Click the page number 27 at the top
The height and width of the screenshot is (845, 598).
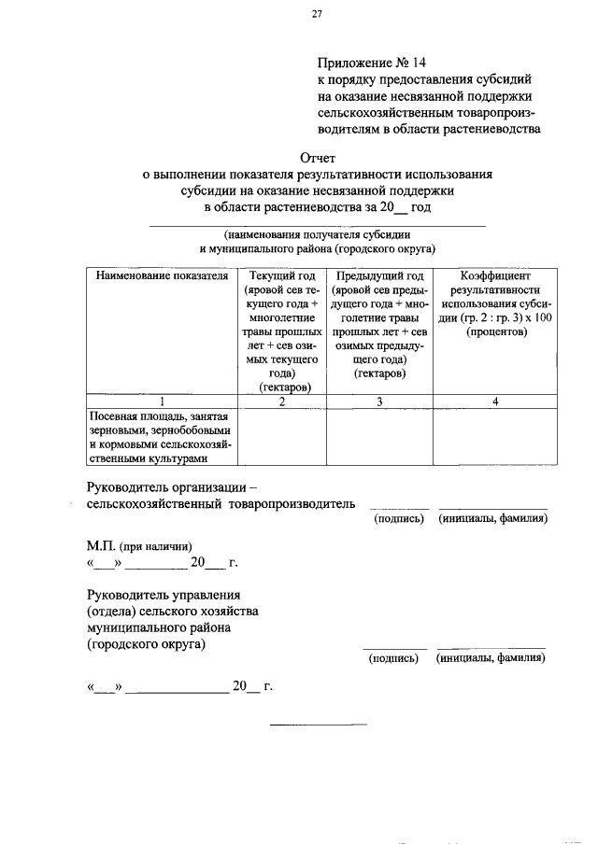(x=317, y=13)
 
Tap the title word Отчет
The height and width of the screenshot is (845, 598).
(x=317, y=158)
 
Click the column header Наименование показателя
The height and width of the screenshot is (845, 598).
(x=162, y=276)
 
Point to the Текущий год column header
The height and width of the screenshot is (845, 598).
(x=282, y=331)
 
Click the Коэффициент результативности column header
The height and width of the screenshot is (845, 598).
(x=495, y=303)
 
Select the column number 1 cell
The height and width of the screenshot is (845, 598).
(x=162, y=401)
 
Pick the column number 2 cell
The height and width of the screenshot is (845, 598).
(x=282, y=401)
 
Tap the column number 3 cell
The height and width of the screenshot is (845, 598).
(x=379, y=401)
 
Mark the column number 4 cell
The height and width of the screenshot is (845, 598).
(x=495, y=401)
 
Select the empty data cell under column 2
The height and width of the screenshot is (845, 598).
(x=282, y=436)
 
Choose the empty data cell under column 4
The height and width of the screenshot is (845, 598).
(x=495, y=436)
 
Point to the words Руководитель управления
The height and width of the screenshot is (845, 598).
(x=164, y=594)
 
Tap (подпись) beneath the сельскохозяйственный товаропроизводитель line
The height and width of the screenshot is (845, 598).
(x=399, y=518)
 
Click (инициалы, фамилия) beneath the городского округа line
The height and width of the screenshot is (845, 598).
(x=491, y=657)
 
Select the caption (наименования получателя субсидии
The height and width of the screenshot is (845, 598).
(x=317, y=235)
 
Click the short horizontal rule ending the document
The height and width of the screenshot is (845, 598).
(x=319, y=725)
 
